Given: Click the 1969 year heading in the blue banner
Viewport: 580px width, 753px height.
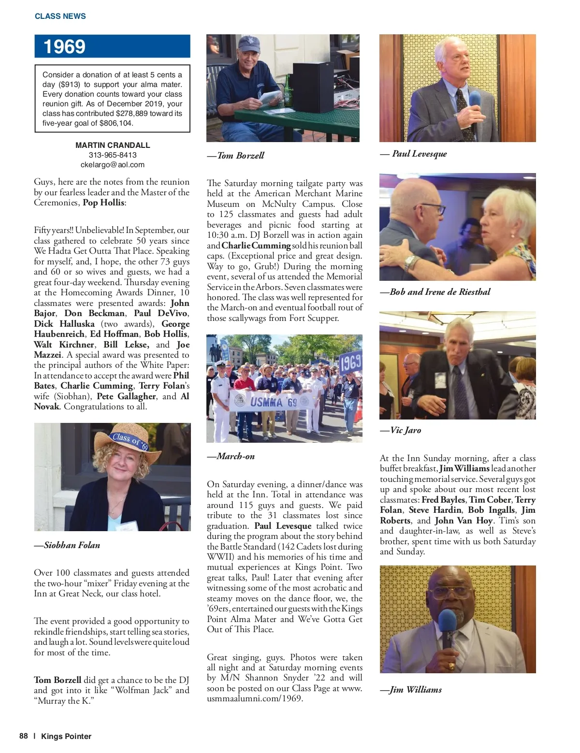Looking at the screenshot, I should pyautogui.click(x=64, y=47).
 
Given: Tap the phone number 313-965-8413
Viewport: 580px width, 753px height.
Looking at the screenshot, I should pyautogui.click(x=113, y=155).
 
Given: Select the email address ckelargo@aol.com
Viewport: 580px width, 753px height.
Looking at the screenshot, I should pyautogui.click(x=113, y=165).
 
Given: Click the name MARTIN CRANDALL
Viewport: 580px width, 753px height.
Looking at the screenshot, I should pyautogui.click(x=113, y=145).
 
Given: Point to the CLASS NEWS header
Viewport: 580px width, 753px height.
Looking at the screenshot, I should pyautogui.click(x=60, y=16).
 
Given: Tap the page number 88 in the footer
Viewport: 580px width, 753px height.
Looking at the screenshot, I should pyautogui.click(x=24, y=736).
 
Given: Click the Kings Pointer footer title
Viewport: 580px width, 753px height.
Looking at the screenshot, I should pyautogui.click(x=66, y=737).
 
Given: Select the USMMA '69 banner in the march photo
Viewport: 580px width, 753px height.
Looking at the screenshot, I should pyautogui.click(x=273, y=402).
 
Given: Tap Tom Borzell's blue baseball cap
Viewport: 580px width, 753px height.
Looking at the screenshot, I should pyautogui.click(x=249, y=44).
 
